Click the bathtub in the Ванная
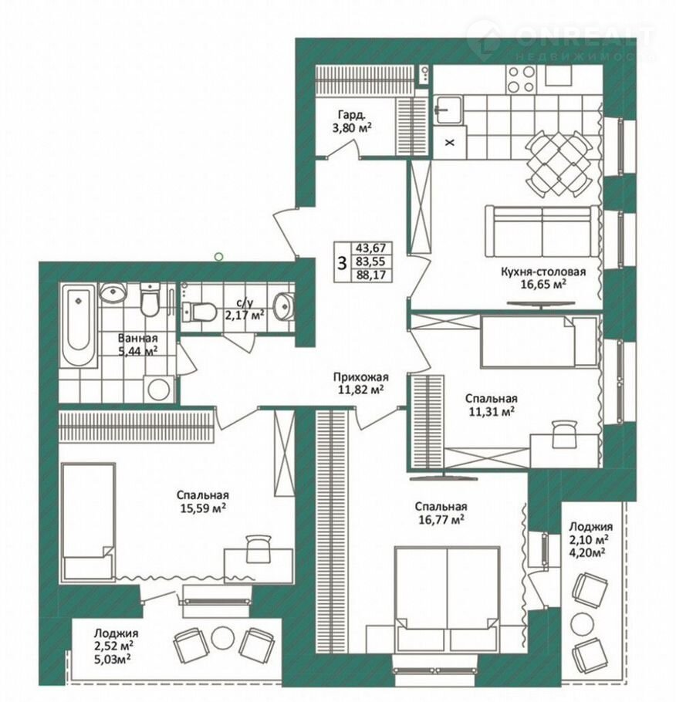click(79, 326)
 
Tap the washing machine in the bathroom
click(159, 389)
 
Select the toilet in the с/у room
click(199, 312)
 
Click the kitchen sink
click(448, 110)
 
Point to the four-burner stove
click(521, 79)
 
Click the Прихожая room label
click(361, 377)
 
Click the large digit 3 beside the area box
click(343, 263)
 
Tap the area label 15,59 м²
click(201, 508)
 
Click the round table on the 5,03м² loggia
click(223, 636)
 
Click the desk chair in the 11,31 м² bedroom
click(564, 434)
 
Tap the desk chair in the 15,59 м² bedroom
click(259, 548)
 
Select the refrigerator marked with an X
click(450, 143)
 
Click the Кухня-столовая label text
click(543, 272)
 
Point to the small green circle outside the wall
click(218, 257)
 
